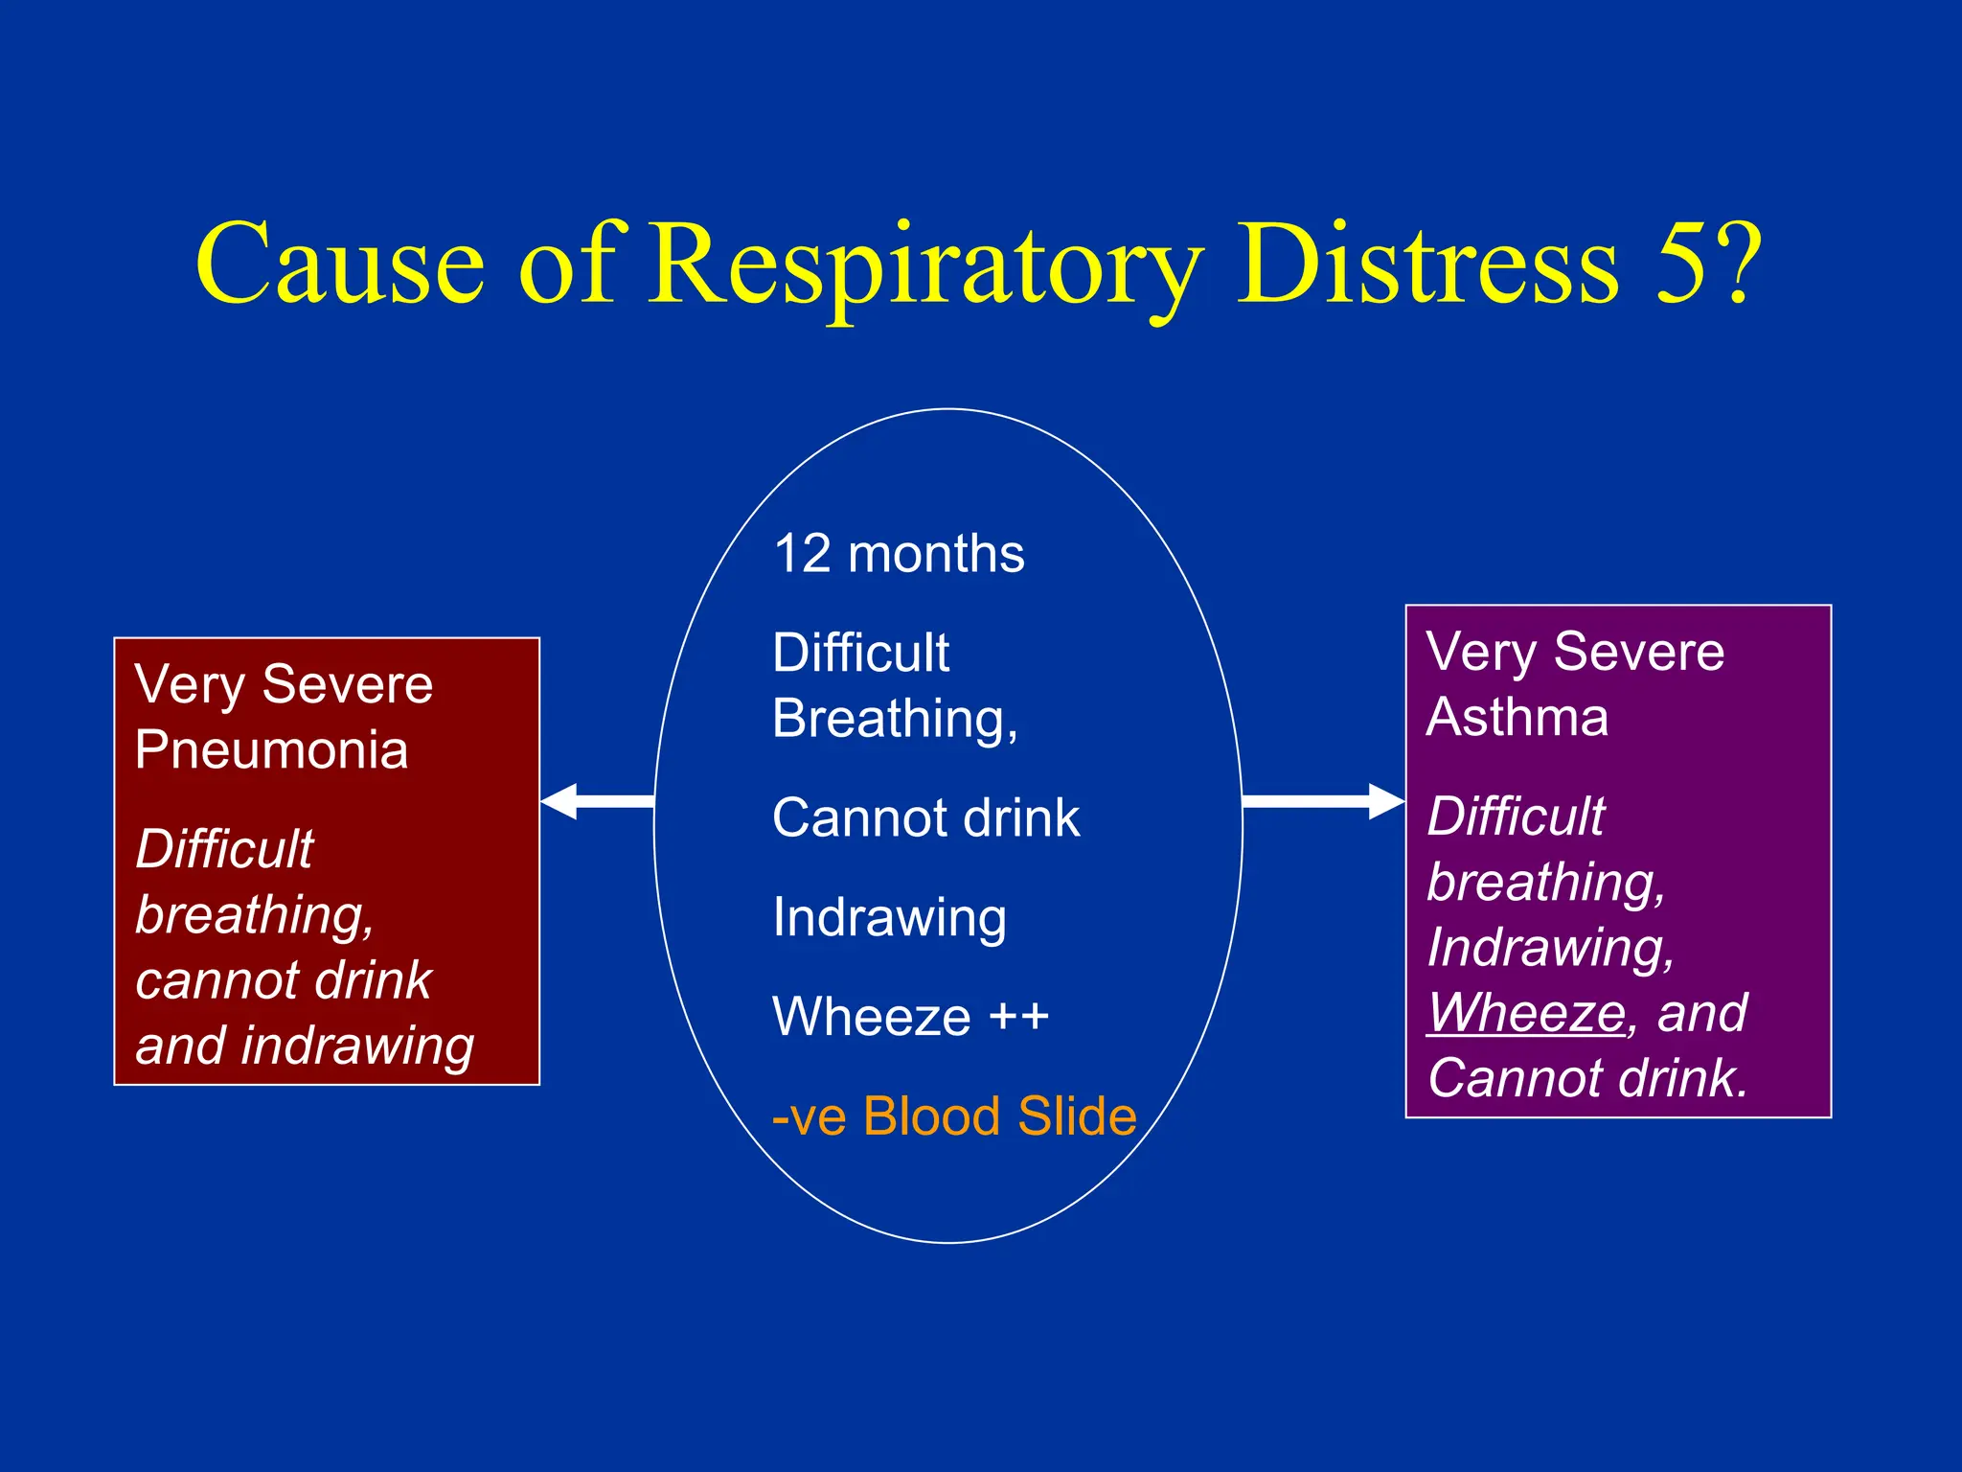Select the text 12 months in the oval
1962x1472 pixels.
pyautogui.click(x=899, y=554)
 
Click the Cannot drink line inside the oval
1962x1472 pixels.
pyautogui.click(x=925, y=818)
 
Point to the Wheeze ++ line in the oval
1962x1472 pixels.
pyautogui.click(x=910, y=1017)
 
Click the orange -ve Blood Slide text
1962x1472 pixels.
pyautogui.click(x=954, y=1116)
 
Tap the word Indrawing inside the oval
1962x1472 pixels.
pyautogui.click(x=889, y=918)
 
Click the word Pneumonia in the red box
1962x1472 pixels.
pyautogui.click(x=271, y=749)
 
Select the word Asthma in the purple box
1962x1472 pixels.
pyautogui.click(x=1517, y=717)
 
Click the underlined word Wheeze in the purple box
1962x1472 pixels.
pyautogui.click(x=1526, y=1013)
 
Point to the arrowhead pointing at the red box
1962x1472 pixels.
pyautogui.click(x=559, y=801)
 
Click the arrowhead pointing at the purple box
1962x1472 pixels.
pyautogui.click(x=1385, y=801)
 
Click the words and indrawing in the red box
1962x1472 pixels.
pyautogui.click(x=305, y=1046)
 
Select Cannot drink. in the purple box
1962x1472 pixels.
pyautogui.click(x=1587, y=1078)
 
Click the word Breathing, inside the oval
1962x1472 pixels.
pyautogui.click(x=895, y=719)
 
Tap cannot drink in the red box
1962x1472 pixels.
pyautogui.click(x=284, y=980)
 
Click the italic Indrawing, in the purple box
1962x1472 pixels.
pyautogui.click(x=1550, y=948)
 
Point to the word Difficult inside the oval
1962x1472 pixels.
pyautogui.click(x=860, y=654)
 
